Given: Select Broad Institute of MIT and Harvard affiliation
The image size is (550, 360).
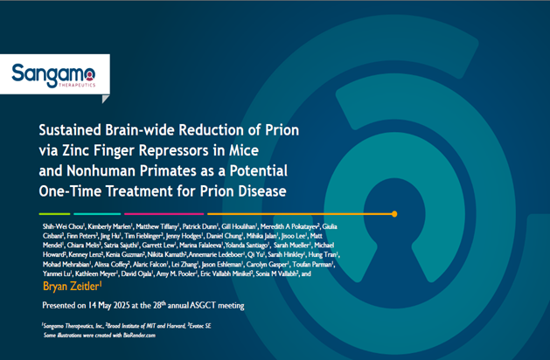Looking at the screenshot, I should click(140, 324).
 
